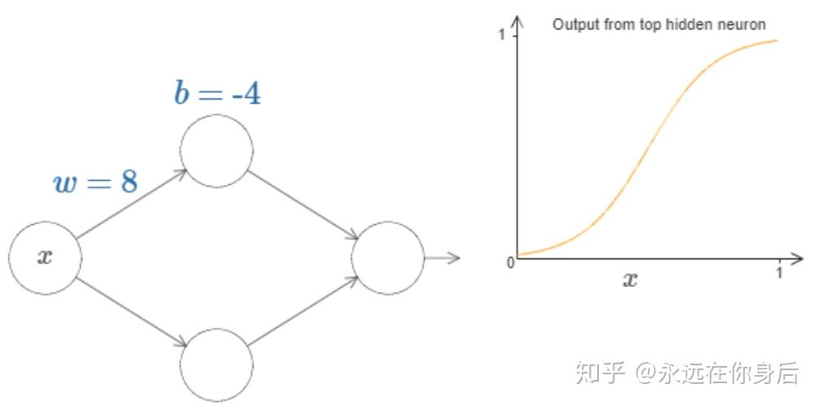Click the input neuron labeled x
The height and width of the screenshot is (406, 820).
click(45, 257)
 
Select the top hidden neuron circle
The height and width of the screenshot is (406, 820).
click(216, 150)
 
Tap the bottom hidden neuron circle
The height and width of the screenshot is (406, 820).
click(216, 364)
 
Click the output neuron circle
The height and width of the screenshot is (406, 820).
click(388, 258)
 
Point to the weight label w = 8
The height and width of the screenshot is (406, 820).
click(95, 183)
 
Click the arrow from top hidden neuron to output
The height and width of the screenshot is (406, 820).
click(304, 205)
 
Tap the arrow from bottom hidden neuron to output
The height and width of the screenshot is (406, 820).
click(304, 311)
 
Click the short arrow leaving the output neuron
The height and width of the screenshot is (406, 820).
click(443, 258)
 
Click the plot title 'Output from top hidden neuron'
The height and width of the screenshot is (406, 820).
click(659, 24)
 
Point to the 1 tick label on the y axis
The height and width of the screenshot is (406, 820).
click(502, 36)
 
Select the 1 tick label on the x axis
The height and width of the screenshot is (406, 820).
click(779, 272)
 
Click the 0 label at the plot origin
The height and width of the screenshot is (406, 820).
click(511, 263)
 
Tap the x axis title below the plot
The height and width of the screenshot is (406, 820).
click(631, 280)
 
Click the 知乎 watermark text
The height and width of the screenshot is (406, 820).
click(601, 373)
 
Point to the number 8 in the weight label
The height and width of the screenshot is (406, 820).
click(129, 183)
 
